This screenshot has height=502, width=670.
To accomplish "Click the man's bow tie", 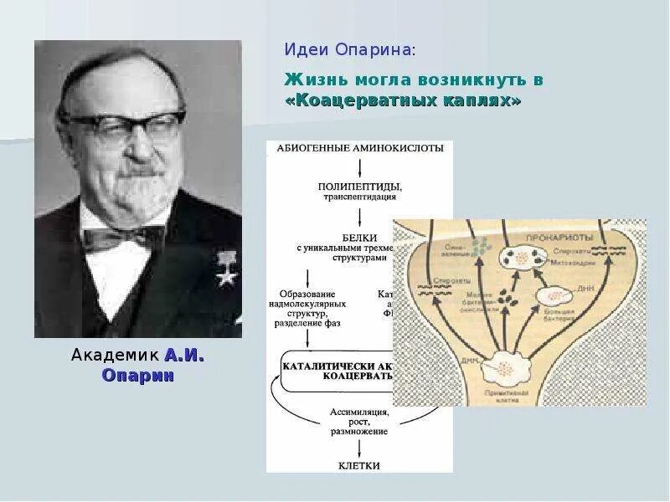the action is pos(124,238).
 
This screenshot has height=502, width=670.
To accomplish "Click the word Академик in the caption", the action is pos(115,356).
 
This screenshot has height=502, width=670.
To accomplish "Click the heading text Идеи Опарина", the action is pos(348,50).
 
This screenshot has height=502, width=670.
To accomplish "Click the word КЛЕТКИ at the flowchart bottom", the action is pos(360,465).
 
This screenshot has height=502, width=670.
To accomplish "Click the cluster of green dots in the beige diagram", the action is pos(480,246).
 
